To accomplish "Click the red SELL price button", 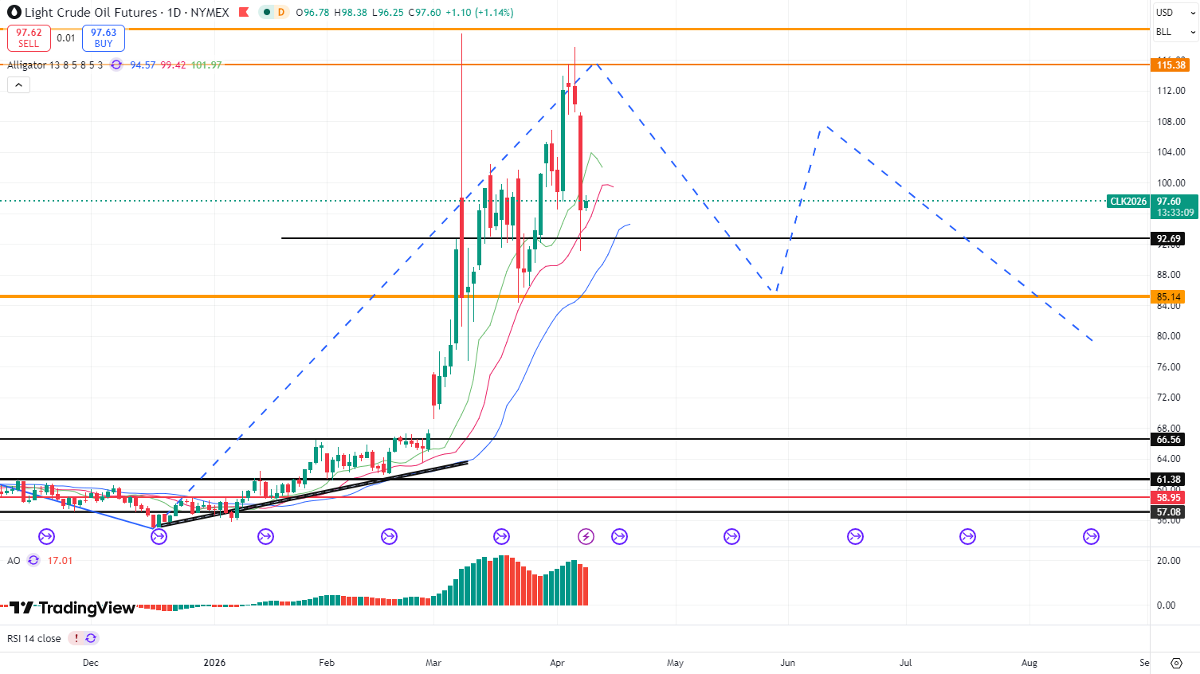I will click(29, 38).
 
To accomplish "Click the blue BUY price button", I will click(104, 38).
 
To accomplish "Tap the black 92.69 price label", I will click(1168, 238).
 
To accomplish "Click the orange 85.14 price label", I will click(1169, 297).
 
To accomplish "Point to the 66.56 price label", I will click(1168, 440).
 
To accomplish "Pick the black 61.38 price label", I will click(1168, 480).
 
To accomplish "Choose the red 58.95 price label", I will click(1168, 498).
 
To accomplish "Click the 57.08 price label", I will click(1168, 512).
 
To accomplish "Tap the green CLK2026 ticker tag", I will click(1128, 202).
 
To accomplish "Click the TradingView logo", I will click(73, 608).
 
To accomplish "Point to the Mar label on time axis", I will click(433, 663).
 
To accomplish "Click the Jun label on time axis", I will click(787, 663).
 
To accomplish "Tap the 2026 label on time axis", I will click(214, 663).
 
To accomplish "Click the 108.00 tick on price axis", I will click(1171, 122).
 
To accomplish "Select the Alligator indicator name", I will click(27, 65).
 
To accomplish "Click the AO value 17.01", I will click(60, 561).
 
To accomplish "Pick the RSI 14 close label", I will click(33, 639).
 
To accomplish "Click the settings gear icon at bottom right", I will click(1176, 663).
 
